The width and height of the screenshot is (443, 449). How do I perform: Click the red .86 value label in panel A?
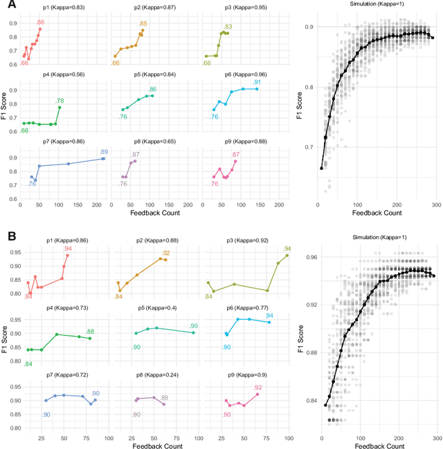(40, 22)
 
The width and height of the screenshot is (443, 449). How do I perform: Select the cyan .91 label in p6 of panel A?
(257, 82)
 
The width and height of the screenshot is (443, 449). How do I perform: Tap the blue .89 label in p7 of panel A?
(103, 152)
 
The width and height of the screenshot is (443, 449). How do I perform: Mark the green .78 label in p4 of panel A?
(60, 101)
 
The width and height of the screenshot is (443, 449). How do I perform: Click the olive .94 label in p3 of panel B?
(287, 249)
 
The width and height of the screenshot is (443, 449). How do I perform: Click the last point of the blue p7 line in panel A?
(103, 159)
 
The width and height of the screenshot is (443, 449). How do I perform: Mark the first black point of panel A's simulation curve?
(322, 168)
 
